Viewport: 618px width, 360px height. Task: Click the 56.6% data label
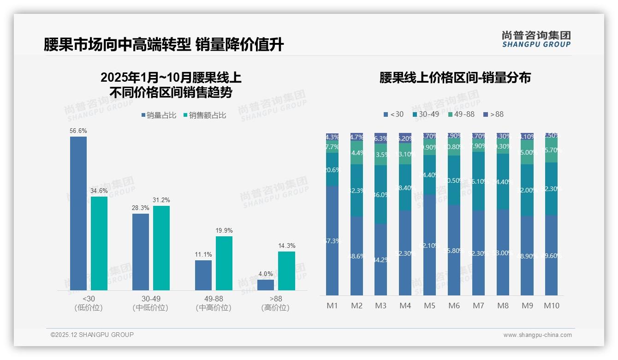(78, 131)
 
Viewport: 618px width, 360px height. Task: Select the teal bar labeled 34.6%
(99, 243)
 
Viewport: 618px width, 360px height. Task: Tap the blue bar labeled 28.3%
(141, 252)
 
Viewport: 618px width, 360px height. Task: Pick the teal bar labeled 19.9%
(224, 263)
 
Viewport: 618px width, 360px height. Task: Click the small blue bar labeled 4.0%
(266, 285)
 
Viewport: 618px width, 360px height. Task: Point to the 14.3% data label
(286, 246)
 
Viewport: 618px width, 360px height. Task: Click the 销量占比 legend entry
(159, 115)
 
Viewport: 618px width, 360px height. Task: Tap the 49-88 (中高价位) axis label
(214, 303)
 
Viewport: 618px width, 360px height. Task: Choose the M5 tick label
(430, 306)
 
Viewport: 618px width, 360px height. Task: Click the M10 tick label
(552, 306)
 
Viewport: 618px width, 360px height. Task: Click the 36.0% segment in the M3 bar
(381, 194)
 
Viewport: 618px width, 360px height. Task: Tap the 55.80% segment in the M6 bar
(454, 250)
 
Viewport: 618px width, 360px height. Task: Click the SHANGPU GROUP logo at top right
(536, 39)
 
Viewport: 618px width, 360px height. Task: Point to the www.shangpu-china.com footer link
(537, 335)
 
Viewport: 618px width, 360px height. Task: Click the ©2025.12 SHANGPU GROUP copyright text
(92, 335)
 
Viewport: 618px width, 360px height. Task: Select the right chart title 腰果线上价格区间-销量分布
(455, 78)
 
